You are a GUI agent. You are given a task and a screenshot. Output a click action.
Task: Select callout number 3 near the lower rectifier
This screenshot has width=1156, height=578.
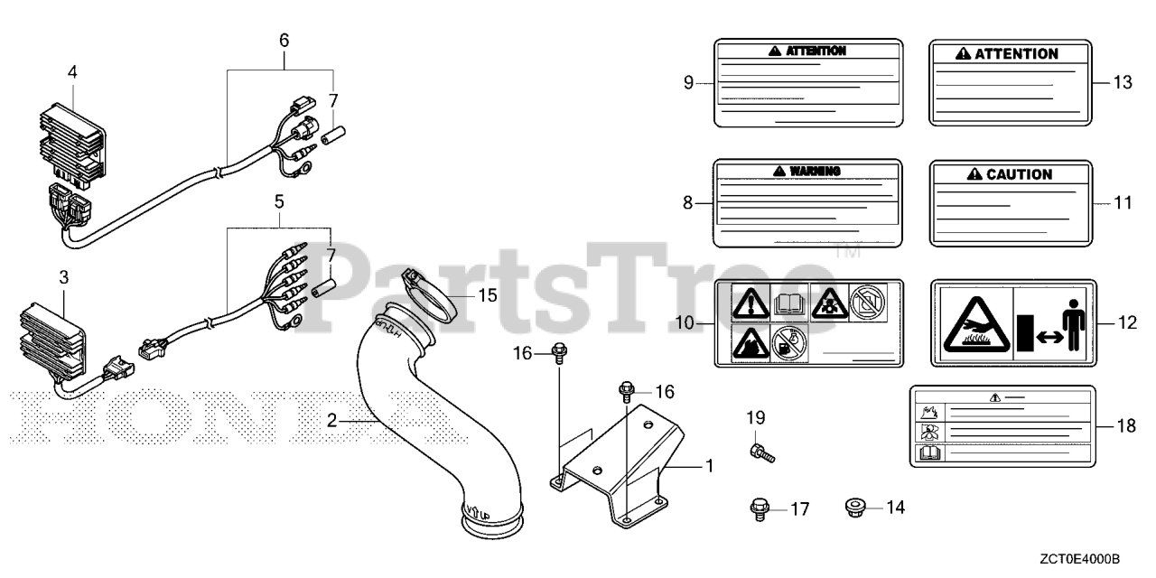point(63,277)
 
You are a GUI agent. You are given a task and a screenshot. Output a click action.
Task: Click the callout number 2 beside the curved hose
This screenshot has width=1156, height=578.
point(332,420)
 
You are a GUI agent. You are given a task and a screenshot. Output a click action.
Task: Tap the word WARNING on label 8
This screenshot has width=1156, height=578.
point(815,171)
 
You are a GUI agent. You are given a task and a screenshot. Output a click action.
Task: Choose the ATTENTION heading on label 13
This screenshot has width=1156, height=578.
point(1016,54)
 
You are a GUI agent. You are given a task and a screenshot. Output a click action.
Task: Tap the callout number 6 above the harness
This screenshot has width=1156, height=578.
point(284,40)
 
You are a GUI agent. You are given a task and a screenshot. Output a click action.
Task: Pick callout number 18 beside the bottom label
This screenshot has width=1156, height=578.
point(1125,425)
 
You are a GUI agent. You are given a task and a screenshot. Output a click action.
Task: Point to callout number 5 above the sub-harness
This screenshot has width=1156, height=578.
point(279,200)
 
